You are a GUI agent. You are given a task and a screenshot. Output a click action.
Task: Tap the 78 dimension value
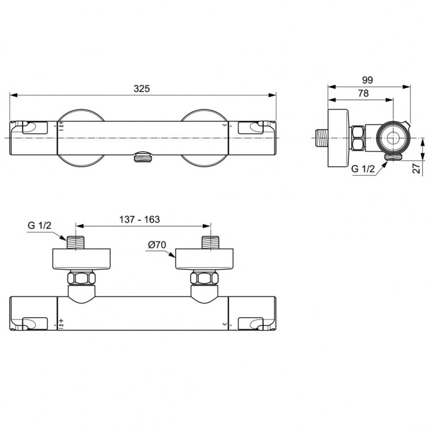coord(363,93)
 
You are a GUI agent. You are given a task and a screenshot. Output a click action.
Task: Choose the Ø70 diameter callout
coord(156,245)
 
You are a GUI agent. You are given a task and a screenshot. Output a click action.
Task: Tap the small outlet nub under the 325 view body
coord(140,156)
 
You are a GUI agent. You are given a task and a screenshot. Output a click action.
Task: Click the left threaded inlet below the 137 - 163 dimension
coord(76,243)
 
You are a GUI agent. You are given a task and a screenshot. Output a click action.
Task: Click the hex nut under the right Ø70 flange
coord(205,279)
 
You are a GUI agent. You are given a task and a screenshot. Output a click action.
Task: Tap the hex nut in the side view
coord(357,138)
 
